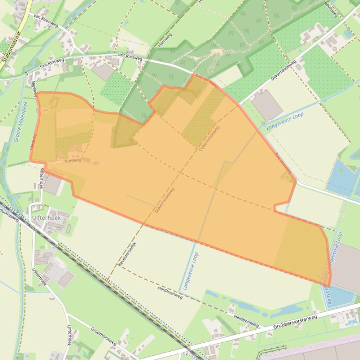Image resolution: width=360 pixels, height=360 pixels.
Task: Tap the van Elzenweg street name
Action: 45,20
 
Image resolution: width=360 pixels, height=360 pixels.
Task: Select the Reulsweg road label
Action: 331,9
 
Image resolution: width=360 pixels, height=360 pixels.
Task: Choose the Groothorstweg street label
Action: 103,336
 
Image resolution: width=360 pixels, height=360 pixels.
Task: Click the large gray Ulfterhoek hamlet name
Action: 46,218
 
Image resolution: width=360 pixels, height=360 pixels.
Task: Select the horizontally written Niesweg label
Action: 73,160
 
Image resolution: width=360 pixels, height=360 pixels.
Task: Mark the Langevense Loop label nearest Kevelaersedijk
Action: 191,271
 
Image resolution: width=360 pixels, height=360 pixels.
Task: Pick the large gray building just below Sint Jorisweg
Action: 103,72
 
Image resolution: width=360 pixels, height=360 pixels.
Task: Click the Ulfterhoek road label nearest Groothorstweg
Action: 39,276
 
